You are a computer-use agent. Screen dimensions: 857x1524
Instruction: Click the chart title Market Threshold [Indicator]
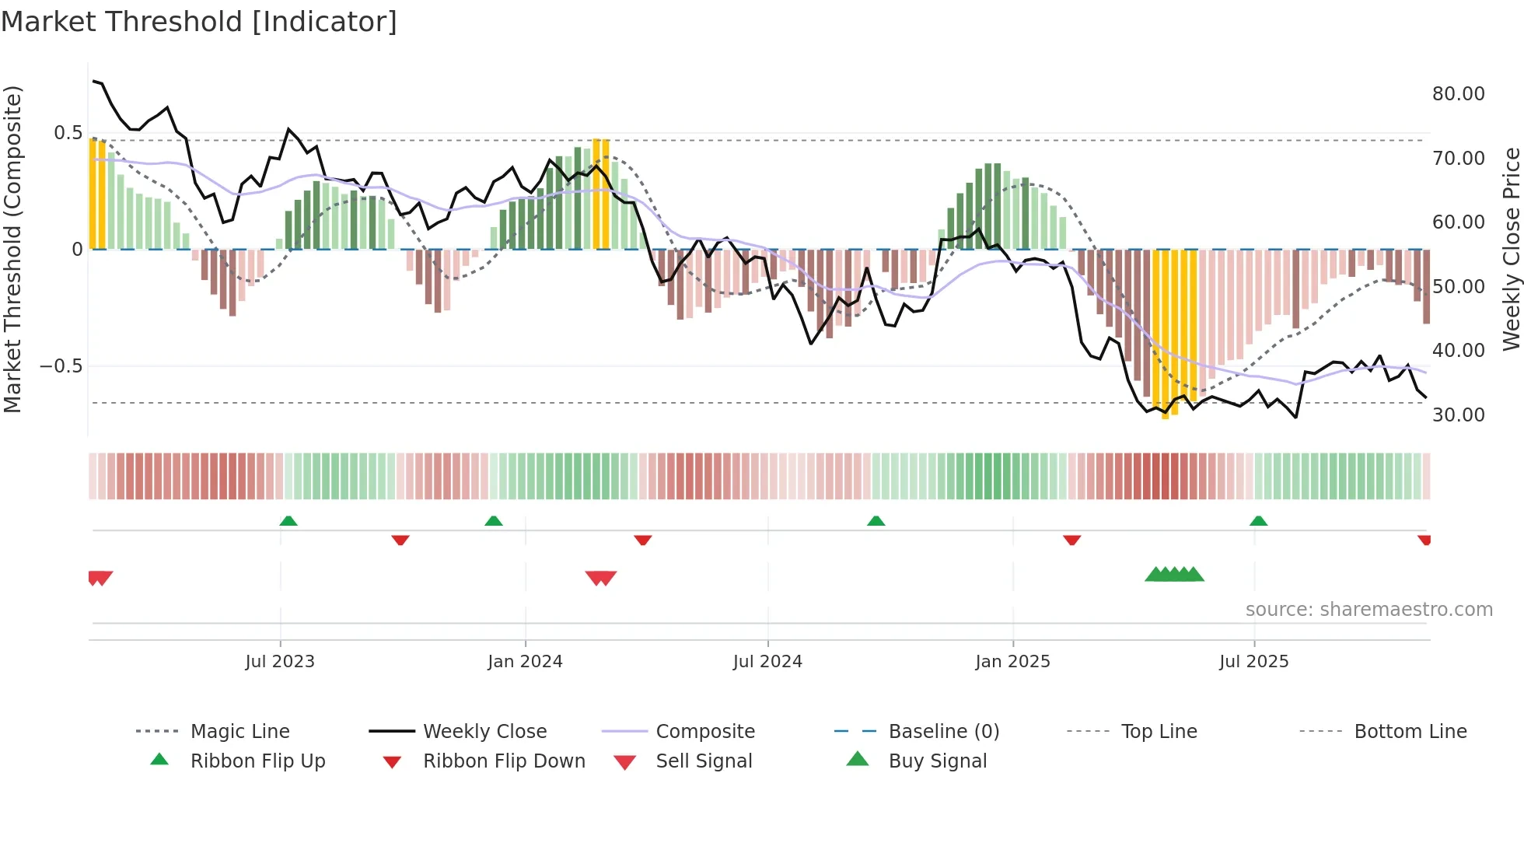pos(199,22)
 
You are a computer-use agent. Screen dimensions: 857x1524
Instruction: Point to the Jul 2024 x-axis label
pos(767,662)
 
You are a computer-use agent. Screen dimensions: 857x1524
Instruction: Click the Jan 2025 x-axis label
pos(1012,662)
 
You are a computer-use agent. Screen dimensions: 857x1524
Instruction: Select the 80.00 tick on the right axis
pos(1458,94)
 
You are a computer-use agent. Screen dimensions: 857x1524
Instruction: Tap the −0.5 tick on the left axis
pos(61,366)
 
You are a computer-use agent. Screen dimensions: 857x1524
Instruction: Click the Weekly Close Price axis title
pos(1511,249)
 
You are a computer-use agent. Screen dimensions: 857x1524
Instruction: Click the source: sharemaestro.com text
pos(1368,610)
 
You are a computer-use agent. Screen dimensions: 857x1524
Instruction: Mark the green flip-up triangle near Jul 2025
pos(1258,521)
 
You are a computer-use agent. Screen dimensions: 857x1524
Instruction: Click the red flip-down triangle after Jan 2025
pos(1071,540)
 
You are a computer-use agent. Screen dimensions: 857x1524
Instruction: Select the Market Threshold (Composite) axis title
pos(12,249)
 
